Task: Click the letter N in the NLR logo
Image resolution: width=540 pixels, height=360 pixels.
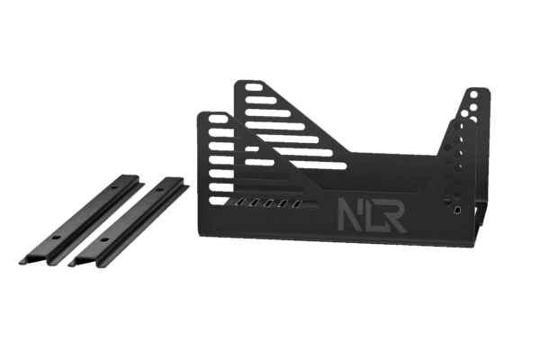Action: point(349,214)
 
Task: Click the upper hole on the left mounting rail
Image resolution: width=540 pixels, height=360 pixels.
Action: point(114,188)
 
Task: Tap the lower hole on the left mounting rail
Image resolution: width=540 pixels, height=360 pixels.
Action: point(56,238)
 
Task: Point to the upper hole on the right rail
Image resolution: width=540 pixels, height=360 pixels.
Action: point(160,190)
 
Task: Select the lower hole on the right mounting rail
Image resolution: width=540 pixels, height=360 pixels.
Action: point(103,239)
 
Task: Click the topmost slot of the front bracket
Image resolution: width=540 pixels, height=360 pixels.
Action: point(219,119)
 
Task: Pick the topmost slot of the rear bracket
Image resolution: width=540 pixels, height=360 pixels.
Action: point(254,86)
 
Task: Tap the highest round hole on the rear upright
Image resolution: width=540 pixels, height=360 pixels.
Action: point(474,94)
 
